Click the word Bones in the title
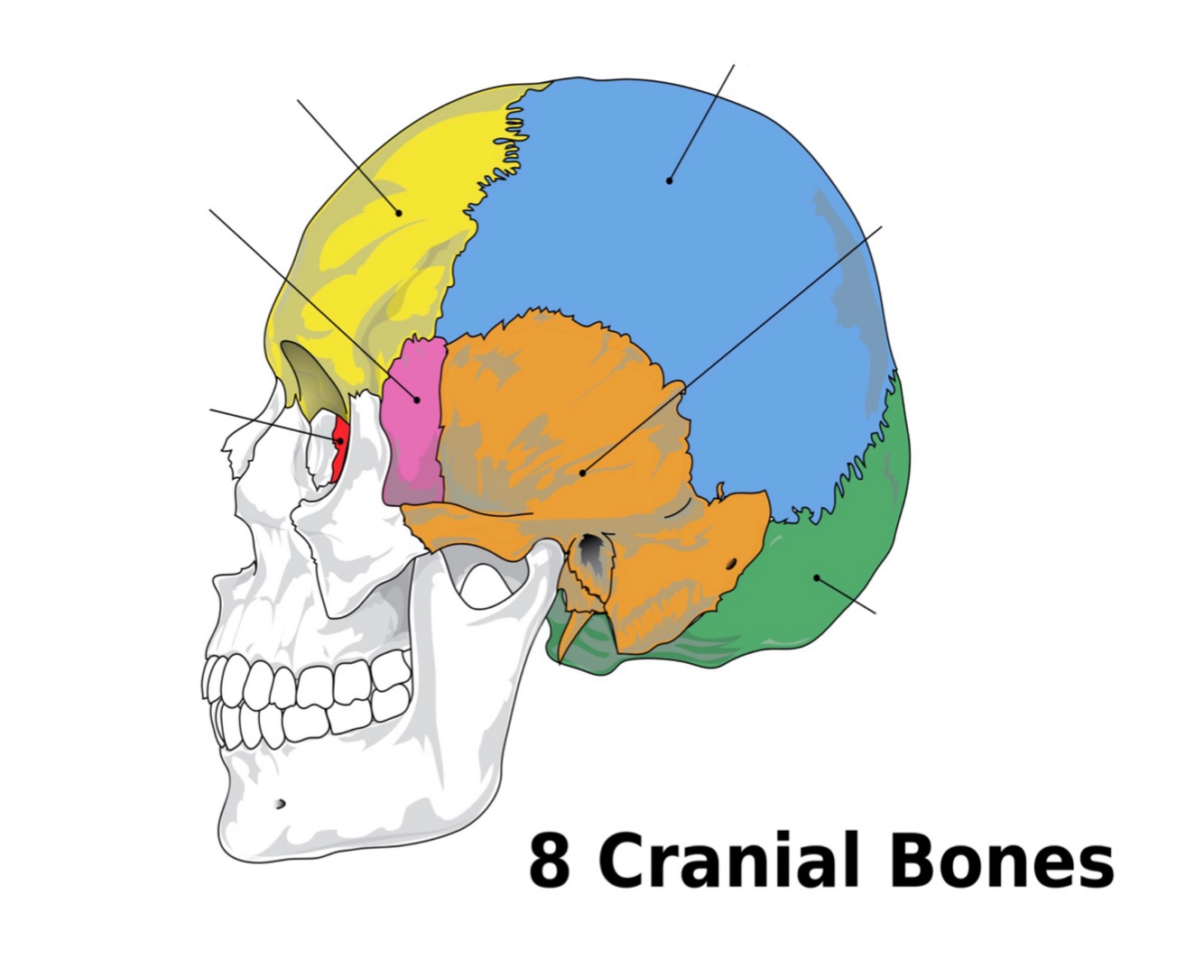[x=1001, y=861]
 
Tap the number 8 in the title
[x=549, y=862]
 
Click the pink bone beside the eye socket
[x=412, y=424]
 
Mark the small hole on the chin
[x=280, y=803]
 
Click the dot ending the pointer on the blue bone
[x=669, y=180]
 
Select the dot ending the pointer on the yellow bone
[x=399, y=213]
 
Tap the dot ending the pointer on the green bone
[x=816, y=576]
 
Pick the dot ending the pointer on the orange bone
[x=583, y=472]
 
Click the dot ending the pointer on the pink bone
[x=417, y=399]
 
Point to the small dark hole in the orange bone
[x=731, y=566]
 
